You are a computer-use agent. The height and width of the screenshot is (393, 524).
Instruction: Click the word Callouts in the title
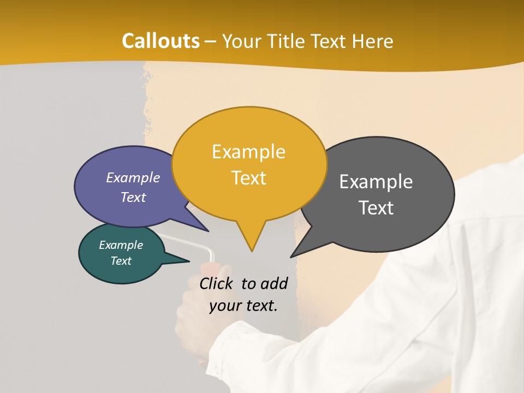[x=160, y=41]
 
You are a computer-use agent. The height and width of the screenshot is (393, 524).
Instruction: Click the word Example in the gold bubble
[x=248, y=152]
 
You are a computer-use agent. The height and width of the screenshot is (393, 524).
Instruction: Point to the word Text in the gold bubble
[x=248, y=178]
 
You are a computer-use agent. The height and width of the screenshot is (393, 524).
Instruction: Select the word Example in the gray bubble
[x=376, y=182]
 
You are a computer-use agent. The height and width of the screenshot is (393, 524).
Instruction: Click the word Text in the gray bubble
[x=376, y=208]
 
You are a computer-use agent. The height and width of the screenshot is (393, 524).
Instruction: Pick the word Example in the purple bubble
[x=133, y=178]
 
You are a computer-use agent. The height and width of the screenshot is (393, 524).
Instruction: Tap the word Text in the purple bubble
[x=133, y=198]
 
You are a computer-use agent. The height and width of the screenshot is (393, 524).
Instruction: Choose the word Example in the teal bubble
[x=121, y=246]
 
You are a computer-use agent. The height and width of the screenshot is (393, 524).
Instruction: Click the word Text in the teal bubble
[x=121, y=261]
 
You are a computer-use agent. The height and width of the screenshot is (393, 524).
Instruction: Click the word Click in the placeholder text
[x=217, y=283]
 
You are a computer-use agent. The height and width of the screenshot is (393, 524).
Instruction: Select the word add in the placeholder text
[x=274, y=283]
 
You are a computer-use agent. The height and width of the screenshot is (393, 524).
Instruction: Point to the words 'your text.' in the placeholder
[x=243, y=306]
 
